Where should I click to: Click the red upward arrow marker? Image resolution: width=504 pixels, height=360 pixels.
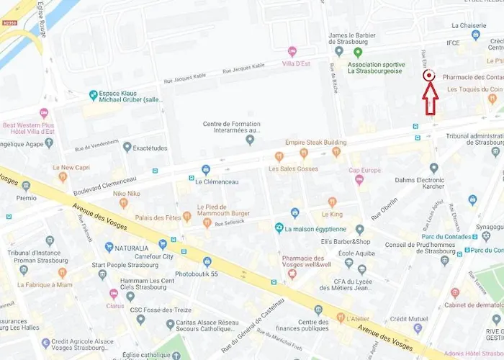(430, 99)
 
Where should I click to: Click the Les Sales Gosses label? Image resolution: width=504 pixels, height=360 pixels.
(293, 168)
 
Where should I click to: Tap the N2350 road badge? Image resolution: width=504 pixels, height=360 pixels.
(10, 22)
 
